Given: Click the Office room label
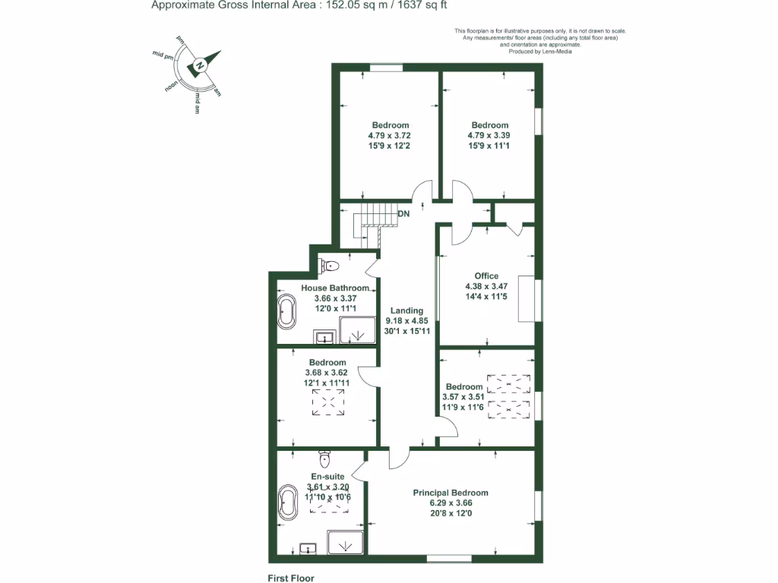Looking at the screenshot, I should point(486,276).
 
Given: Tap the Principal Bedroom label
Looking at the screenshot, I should point(451,493).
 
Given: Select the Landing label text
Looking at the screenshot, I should point(406,310).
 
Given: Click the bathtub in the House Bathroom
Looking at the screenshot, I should point(286,313).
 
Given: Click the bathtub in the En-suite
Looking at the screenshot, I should point(288,503).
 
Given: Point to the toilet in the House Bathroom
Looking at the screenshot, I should point(330,266).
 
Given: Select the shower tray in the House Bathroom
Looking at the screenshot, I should point(357,331).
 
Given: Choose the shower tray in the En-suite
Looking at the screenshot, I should point(346,543).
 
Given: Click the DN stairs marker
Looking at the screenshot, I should point(404,214).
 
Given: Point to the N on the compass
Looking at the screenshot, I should point(199,66).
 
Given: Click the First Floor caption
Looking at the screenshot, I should point(291,578).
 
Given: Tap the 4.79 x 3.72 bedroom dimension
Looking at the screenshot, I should point(390,136).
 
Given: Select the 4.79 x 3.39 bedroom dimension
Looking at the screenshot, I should point(489,136).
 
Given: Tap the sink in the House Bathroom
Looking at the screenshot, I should point(324,336).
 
